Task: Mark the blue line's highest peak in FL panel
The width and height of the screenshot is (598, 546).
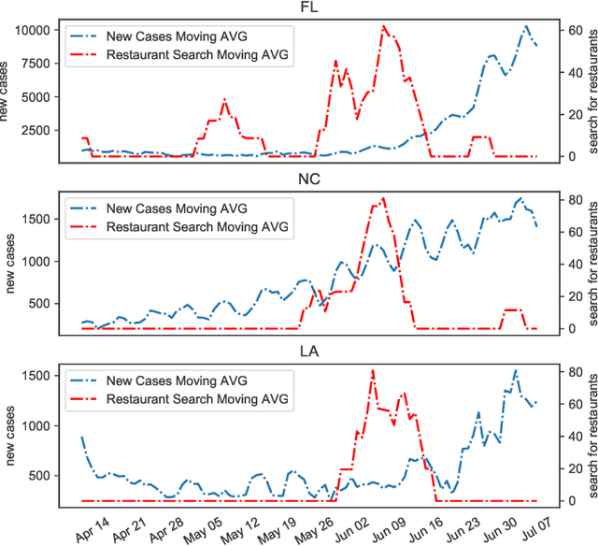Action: [x=527, y=26]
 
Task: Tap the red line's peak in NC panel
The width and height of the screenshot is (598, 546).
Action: [x=383, y=198]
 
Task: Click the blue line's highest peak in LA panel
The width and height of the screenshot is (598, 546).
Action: [x=515, y=370]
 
